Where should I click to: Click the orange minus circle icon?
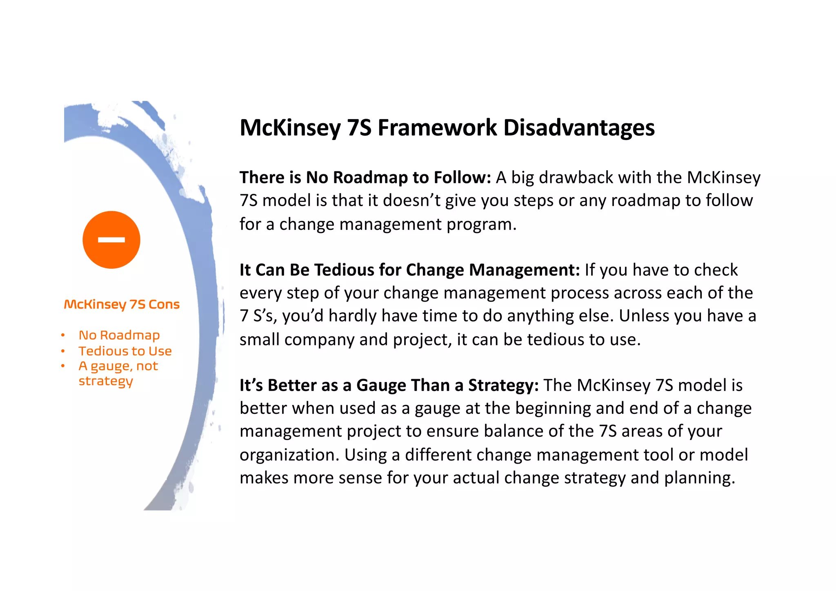[111, 240]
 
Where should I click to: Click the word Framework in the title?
[437, 128]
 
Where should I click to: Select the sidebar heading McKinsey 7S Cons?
[122, 304]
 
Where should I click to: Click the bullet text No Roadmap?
[119, 335]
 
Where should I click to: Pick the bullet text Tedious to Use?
[125, 351]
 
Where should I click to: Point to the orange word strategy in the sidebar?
[106, 381]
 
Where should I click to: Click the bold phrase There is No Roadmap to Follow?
[365, 178]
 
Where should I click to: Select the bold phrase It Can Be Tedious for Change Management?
[409, 270]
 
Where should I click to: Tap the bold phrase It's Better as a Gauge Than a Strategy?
[389, 385]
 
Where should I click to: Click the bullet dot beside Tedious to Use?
[63, 351]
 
